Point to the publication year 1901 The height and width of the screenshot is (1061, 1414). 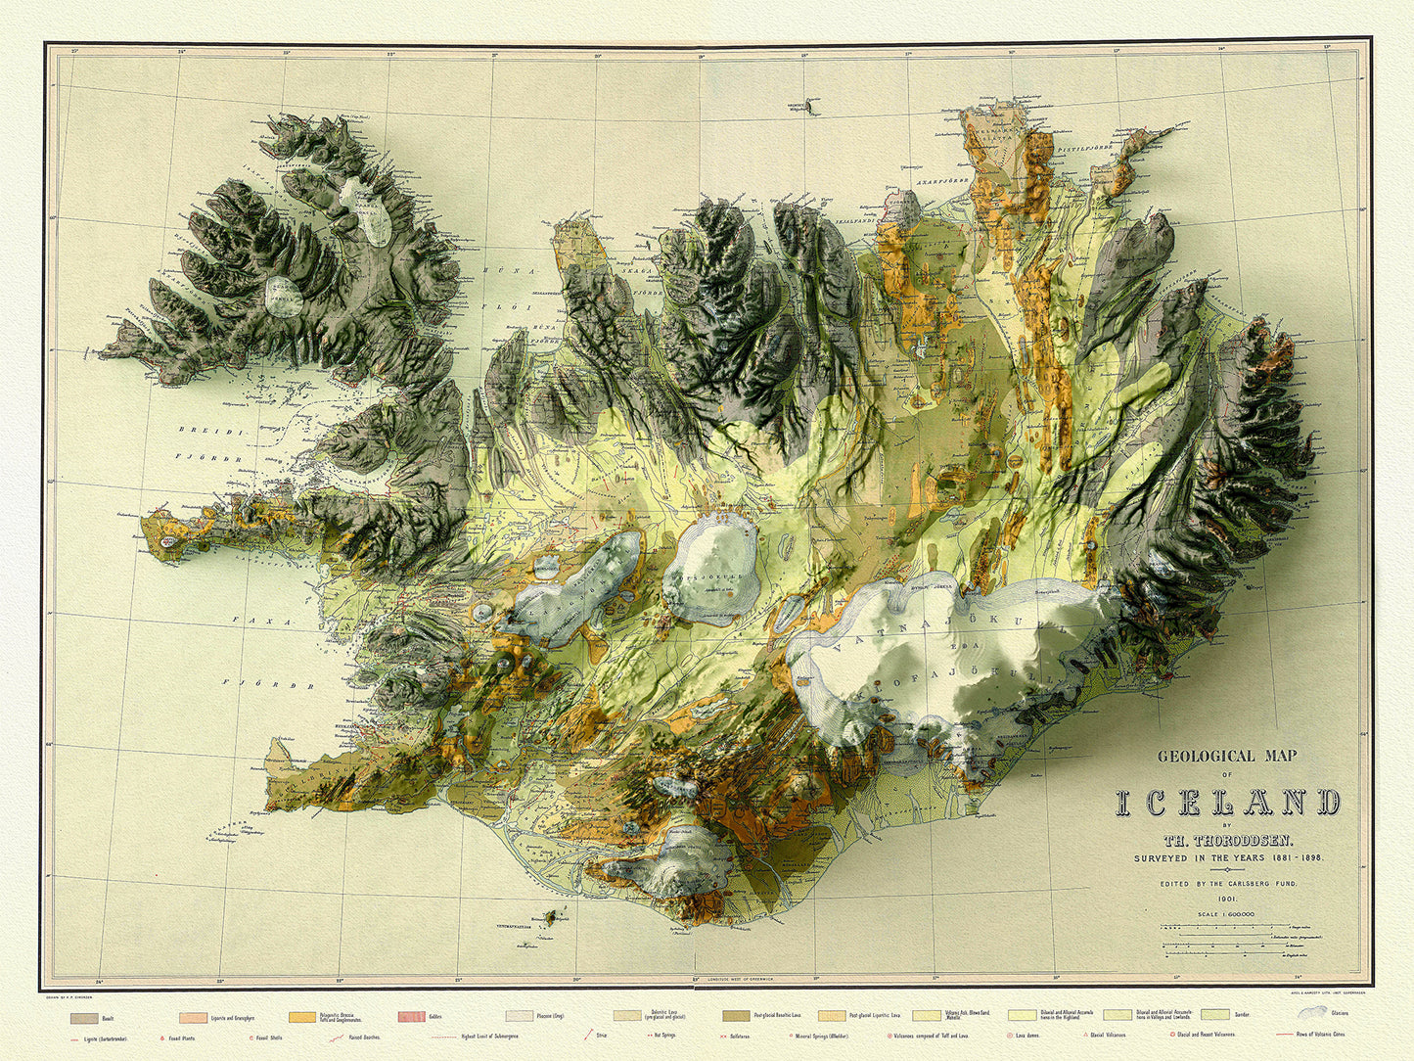click(1228, 899)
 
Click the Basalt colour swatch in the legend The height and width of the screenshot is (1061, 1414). click(84, 1018)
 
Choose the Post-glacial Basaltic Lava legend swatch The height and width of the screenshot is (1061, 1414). click(737, 1018)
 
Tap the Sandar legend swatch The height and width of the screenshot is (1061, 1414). click(1213, 1018)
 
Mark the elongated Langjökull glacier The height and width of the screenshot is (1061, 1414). click(577, 587)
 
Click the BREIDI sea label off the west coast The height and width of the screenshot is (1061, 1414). click(201, 430)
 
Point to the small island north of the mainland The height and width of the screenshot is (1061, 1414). click(810, 103)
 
